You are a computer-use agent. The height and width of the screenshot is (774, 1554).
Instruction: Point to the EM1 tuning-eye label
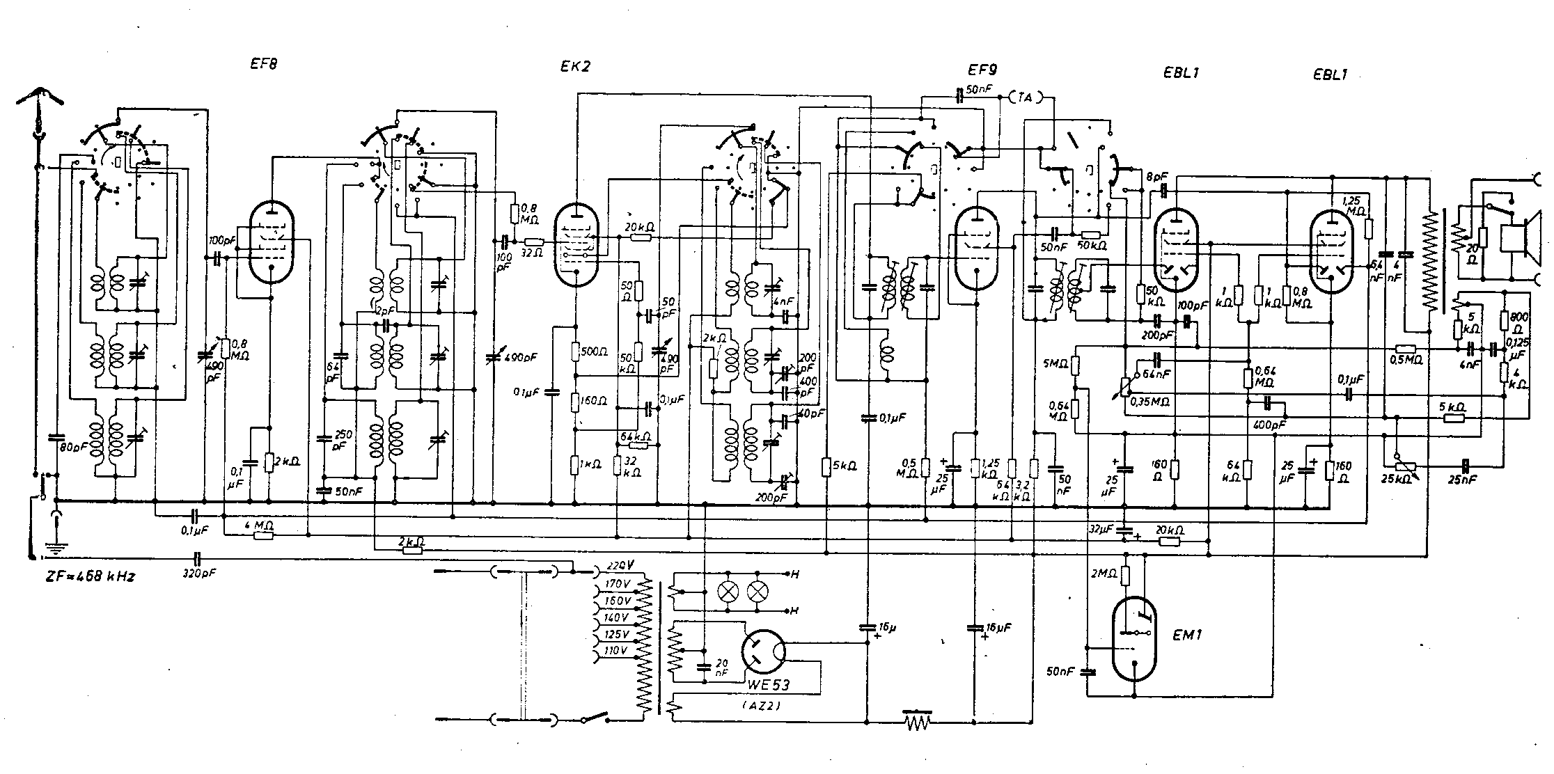coord(1188,635)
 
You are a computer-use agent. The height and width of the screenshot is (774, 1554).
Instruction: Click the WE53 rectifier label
coord(768,684)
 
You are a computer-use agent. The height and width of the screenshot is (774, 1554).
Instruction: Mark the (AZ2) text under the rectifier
coord(767,705)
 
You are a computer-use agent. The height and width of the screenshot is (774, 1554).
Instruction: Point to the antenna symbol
coord(40,104)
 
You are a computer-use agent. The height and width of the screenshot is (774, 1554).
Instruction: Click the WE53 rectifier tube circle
coord(764,652)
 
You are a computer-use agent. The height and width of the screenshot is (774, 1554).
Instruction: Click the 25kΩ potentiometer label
coord(1397,480)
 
